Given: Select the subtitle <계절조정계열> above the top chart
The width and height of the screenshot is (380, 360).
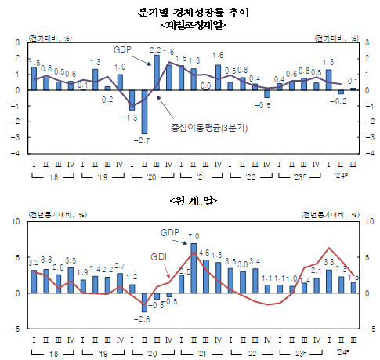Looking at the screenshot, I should [x=192, y=25].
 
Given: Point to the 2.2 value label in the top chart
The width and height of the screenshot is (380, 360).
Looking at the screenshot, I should [x=155, y=50].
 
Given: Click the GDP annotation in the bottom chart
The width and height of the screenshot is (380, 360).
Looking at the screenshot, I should [x=170, y=233].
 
